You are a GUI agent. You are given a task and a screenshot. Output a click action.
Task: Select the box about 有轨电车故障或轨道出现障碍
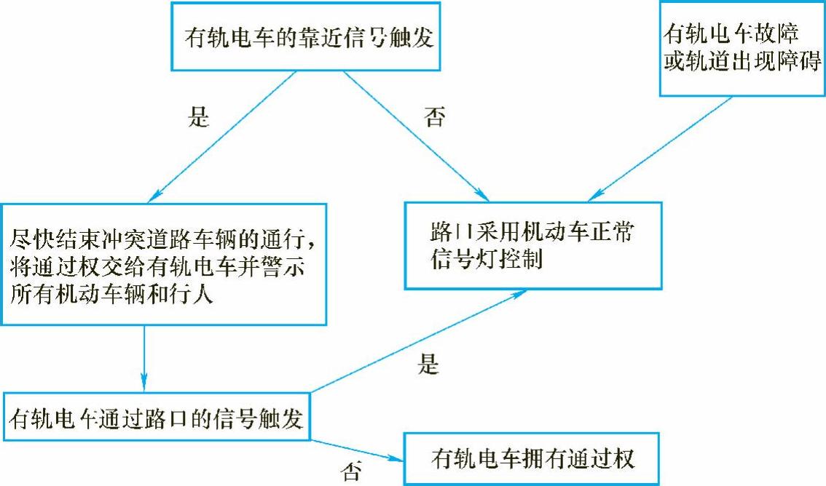click(x=741, y=47)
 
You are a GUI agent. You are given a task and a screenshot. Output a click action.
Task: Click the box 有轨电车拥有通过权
click(x=531, y=459)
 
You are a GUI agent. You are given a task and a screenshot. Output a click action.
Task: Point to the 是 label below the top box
click(x=198, y=117)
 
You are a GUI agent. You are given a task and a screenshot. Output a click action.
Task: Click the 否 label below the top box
click(x=434, y=117)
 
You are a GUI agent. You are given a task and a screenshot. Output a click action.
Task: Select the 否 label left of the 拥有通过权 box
click(x=350, y=472)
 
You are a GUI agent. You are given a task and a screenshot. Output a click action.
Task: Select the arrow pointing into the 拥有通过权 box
click(x=357, y=450)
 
